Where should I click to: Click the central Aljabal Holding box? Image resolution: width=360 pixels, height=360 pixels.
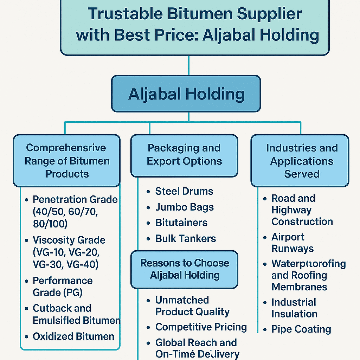click(x=186, y=94)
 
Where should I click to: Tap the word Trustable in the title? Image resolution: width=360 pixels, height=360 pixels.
click(x=125, y=14)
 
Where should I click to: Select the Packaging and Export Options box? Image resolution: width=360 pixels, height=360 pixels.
click(x=184, y=155)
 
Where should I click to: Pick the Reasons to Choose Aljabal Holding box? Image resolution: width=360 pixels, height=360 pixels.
click(x=185, y=269)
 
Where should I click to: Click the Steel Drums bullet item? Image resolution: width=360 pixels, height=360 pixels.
click(x=184, y=191)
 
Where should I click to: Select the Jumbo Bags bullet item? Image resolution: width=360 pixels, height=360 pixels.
click(x=185, y=207)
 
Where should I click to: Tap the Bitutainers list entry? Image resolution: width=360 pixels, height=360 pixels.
click(x=181, y=223)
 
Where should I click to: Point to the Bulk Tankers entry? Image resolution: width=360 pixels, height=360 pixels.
click(x=186, y=239)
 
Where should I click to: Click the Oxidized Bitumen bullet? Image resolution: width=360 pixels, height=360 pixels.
click(x=73, y=336)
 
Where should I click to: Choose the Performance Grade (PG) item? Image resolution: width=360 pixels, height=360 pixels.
click(x=63, y=286)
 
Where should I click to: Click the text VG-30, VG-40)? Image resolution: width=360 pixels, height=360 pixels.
click(x=65, y=264)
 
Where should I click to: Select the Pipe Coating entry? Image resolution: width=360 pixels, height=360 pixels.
click(x=301, y=329)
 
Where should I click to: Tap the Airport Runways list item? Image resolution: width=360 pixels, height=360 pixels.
click(x=292, y=243)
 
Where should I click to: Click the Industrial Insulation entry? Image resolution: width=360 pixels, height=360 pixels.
click(x=294, y=308)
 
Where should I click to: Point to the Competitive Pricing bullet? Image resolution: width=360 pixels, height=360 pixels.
click(x=201, y=327)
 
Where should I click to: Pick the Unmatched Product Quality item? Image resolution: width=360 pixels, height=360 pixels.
click(x=192, y=306)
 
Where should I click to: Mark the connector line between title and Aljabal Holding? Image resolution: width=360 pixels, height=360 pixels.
click(x=189, y=66)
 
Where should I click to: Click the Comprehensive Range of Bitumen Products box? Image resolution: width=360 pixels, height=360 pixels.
click(x=67, y=161)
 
